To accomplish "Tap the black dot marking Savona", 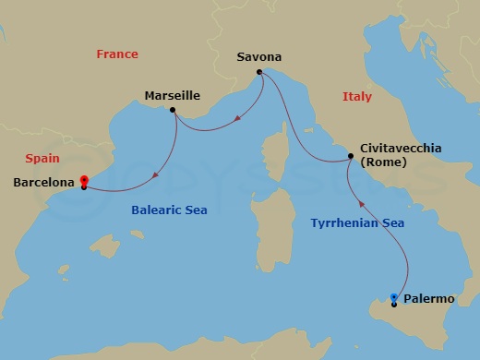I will [x=259, y=72].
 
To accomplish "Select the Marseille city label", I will [x=173, y=95].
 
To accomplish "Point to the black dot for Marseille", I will [x=173, y=110].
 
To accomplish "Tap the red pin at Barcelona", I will [x=83, y=181].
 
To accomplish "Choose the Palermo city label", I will [x=429, y=298].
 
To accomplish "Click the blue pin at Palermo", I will [x=394, y=297].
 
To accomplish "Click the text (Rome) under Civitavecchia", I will [x=381, y=162].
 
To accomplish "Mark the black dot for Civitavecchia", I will [x=350, y=158].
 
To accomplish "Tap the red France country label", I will [x=117, y=54].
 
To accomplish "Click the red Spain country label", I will [x=42, y=159].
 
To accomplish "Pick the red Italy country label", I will [x=356, y=96].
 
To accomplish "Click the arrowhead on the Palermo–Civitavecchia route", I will [x=361, y=205].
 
